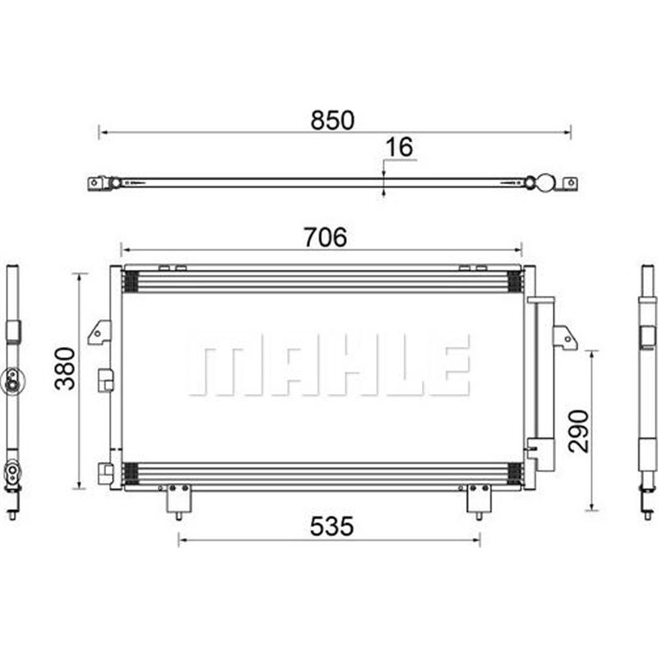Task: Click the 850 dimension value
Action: tap(332, 120)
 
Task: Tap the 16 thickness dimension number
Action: tap(399, 147)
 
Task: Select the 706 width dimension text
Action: tap(326, 237)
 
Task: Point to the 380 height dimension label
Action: tap(66, 368)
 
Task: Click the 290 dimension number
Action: tap(579, 431)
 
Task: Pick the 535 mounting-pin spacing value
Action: tap(331, 526)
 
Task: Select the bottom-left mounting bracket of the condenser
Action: tap(178, 501)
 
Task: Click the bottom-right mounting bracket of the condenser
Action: tap(479, 501)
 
